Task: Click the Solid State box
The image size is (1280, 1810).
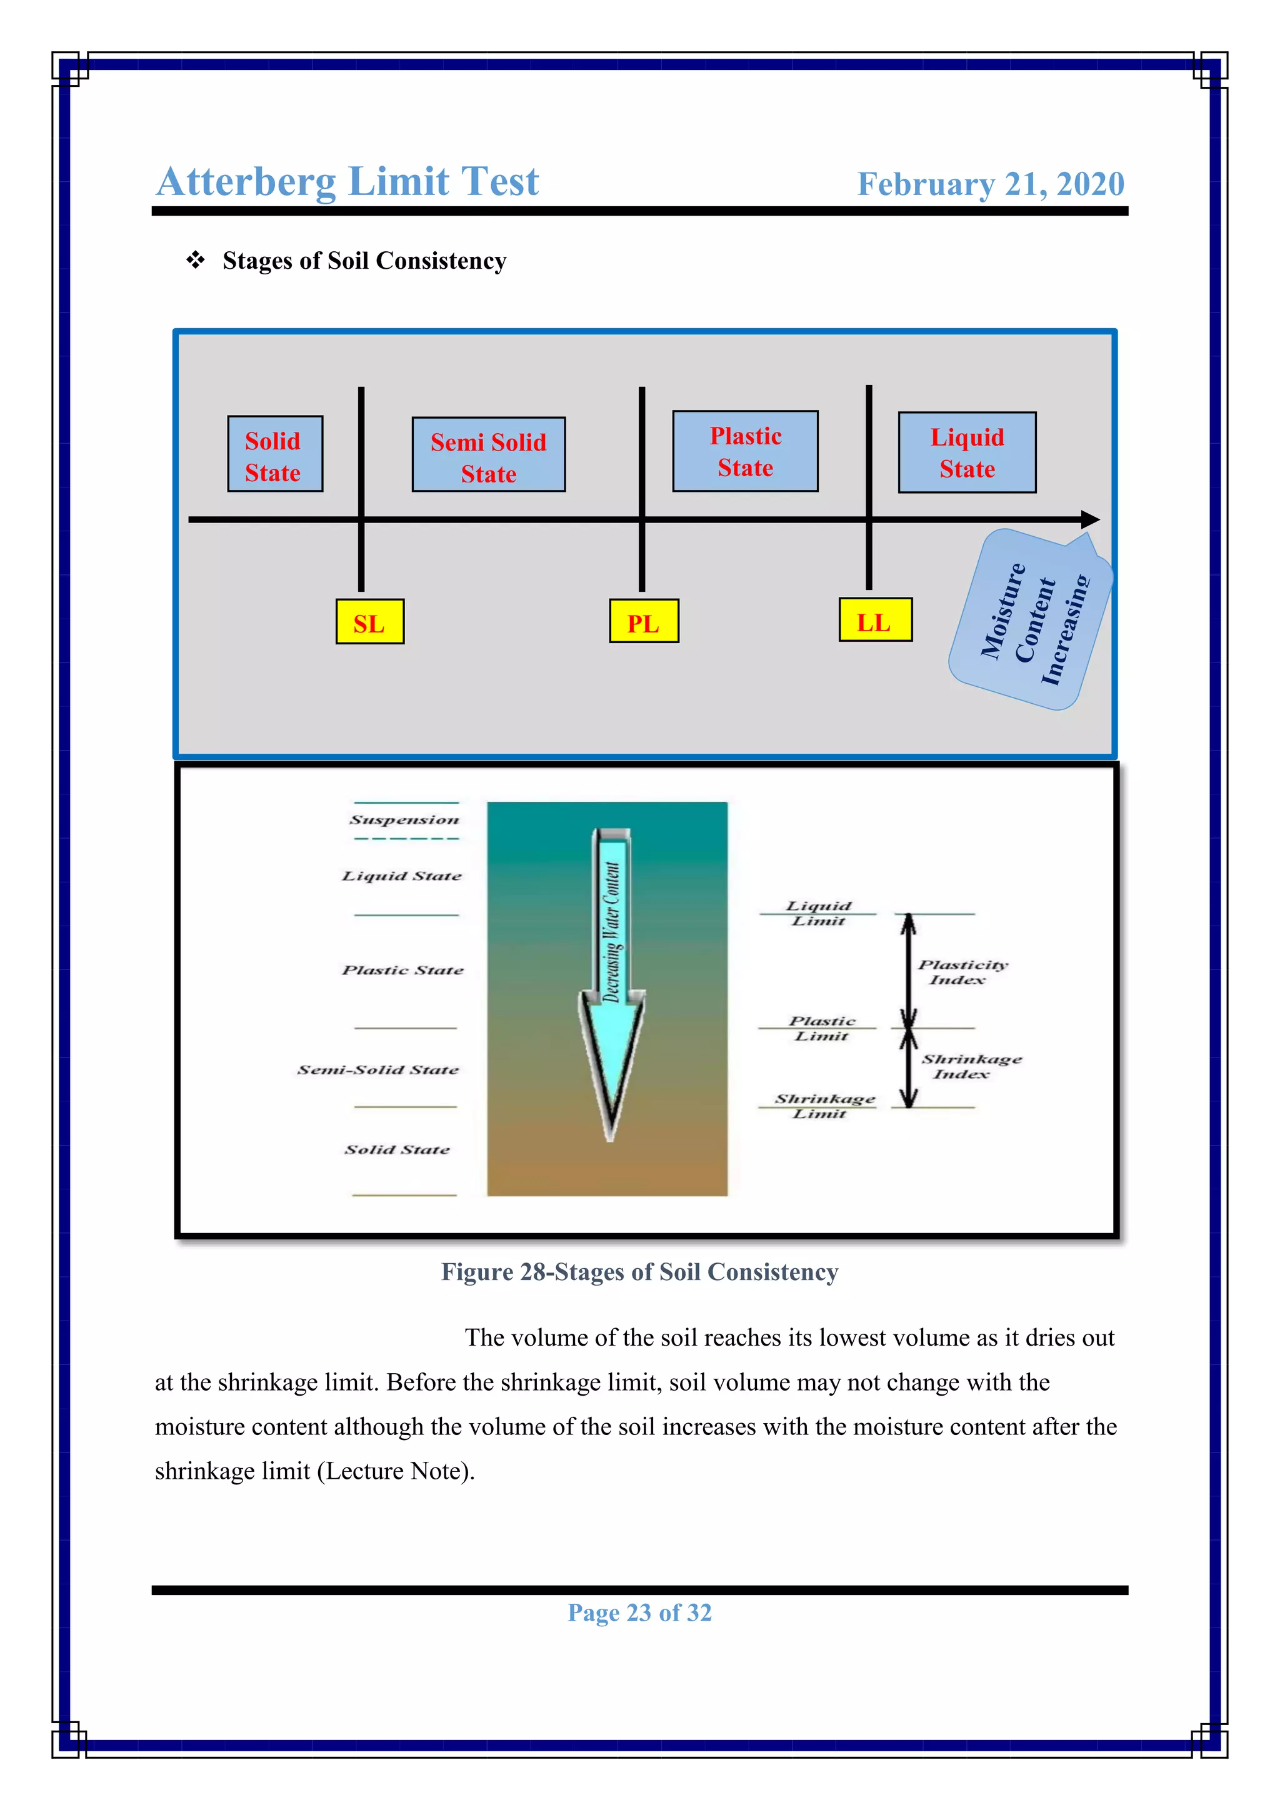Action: [x=274, y=454]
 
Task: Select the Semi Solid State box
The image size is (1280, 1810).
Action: [x=488, y=455]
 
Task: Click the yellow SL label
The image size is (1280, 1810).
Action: [x=369, y=622]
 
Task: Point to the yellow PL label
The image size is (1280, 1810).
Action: [x=643, y=621]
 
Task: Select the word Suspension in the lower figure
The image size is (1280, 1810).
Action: [x=404, y=820]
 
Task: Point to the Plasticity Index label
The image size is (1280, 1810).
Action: [x=962, y=972]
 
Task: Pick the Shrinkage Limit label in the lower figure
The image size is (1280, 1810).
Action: [x=824, y=1105]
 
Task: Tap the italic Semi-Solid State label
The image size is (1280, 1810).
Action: [x=377, y=1070]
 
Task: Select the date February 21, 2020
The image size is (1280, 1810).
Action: [x=990, y=184]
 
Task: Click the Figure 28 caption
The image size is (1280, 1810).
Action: [x=639, y=1272]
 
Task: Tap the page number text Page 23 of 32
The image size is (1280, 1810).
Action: [x=639, y=1612]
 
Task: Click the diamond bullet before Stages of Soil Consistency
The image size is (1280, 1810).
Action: [x=196, y=259]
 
